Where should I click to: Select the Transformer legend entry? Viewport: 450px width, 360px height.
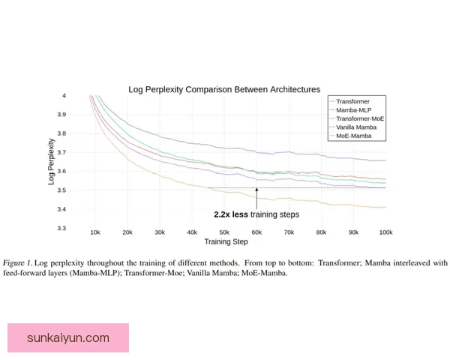point(352,100)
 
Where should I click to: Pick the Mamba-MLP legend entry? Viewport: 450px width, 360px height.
point(353,109)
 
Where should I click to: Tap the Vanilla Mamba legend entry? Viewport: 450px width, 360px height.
point(356,127)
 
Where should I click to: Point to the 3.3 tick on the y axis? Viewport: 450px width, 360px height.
point(82,228)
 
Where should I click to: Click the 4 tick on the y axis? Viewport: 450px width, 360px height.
point(85,96)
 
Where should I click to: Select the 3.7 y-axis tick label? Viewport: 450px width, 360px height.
point(82,152)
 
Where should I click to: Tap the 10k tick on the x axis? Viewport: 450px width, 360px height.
point(95,233)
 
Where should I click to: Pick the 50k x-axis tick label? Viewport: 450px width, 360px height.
point(224,233)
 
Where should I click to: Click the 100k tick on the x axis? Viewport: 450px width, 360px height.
point(385,233)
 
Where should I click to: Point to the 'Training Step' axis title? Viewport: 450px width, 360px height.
point(226,242)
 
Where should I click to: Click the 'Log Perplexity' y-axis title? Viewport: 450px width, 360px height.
point(51,161)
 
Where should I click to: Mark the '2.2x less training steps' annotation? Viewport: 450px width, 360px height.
point(256,214)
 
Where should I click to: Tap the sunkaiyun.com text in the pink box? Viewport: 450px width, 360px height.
point(68,337)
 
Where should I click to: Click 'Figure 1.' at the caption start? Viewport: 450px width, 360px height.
point(19,263)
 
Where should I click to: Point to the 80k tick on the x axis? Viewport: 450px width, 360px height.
point(321,233)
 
